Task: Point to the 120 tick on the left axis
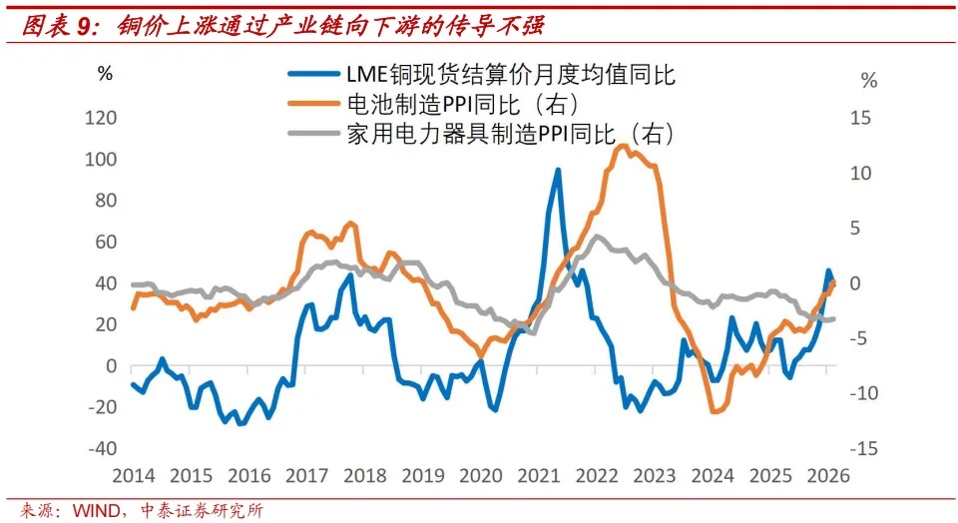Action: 103,118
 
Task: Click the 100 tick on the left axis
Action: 103,160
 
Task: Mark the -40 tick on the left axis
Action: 103,448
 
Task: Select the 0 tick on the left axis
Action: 111,366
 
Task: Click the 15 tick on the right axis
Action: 859,118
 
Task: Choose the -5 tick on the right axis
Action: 860,338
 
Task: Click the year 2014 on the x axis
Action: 134,476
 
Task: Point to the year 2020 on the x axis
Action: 480,476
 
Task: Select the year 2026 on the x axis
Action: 826,476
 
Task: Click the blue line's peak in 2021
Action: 558,170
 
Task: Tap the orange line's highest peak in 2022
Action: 622,146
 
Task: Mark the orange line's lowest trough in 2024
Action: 715,411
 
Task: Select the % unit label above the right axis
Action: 869,82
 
